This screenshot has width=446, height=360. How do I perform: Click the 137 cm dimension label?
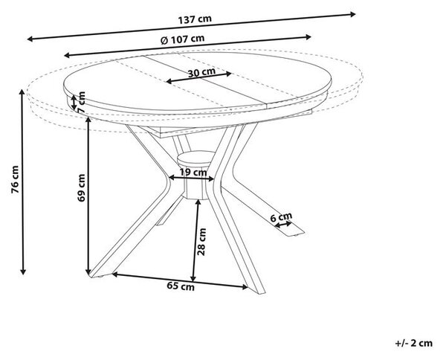coord(195,19)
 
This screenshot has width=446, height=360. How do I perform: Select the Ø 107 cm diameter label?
coord(182,39)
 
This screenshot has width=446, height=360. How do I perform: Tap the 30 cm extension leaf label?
coord(201,73)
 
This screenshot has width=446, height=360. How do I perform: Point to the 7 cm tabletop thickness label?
coord(82,101)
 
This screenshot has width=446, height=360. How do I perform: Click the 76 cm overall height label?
coord(15,179)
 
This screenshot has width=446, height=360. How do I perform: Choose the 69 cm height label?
coord(81,188)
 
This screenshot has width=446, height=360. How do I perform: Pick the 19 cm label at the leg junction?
coord(193,172)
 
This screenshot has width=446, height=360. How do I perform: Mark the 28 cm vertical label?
coord(201,242)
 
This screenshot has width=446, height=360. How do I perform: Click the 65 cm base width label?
coord(181,286)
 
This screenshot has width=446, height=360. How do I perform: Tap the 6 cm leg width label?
coord(281,217)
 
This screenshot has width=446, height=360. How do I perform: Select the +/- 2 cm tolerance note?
coord(414,343)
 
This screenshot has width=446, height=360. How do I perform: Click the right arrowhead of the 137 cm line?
coord(352,14)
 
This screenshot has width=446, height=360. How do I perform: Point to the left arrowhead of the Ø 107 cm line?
coord(67,55)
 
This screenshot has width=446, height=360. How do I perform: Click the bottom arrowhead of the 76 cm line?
coord(23,271)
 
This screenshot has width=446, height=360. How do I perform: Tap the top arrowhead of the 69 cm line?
coord(88,120)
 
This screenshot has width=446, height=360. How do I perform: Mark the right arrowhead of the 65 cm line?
coord(245,287)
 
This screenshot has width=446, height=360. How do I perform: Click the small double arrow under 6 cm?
coord(283,224)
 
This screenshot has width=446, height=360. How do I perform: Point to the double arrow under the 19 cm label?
coord(192,179)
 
